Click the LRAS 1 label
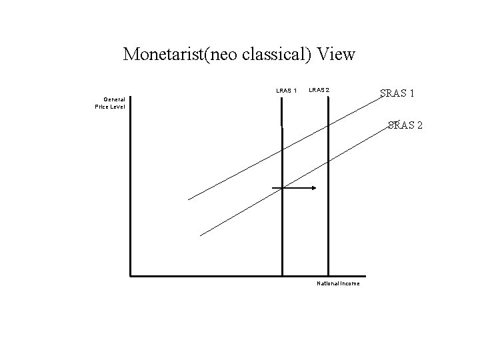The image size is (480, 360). coord(287,91)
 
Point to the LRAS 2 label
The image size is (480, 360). coord(319,90)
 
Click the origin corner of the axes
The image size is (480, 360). coord(131,275)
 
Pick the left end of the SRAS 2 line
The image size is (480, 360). coord(201,235)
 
